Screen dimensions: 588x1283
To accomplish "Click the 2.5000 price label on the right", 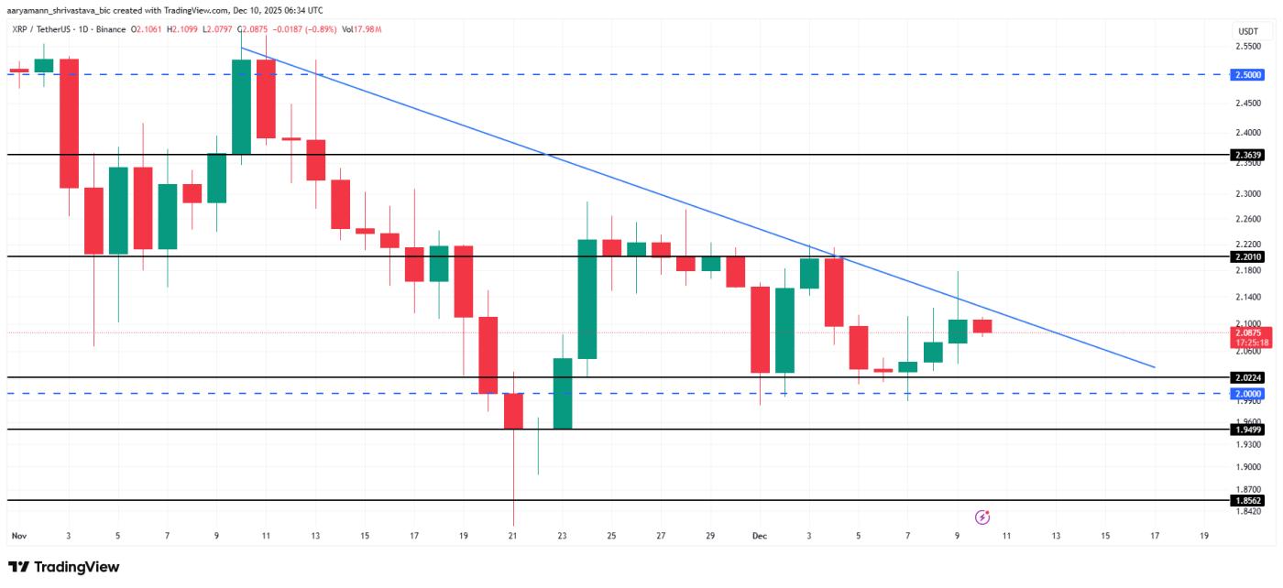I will pyautogui.click(x=1247, y=74).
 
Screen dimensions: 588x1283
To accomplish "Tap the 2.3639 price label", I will pyautogui.click(x=1247, y=155).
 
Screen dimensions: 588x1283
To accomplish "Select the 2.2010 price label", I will pyautogui.click(x=1247, y=257).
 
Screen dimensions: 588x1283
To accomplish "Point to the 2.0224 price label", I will pyautogui.click(x=1247, y=376).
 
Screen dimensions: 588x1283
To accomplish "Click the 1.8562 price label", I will pyautogui.click(x=1247, y=501).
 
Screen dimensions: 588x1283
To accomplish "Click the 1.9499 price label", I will pyautogui.click(x=1247, y=430).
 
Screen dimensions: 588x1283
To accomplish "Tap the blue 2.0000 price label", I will pyautogui.click(x=1247, y=394).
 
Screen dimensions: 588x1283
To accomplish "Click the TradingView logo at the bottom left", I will pyautogui.click(x=64, y=567).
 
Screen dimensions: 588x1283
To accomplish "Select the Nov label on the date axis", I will pyautogui.click(x=17, y=535).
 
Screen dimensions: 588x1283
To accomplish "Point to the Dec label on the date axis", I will pyautogui.click(x=759, y=535).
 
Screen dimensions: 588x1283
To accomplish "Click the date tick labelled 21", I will pyautogui.click(x=512, y=535).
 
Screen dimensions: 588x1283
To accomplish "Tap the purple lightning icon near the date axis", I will pyautogui.click(x=981, y=517).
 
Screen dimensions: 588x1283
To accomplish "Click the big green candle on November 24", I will pyautogui.click(x=587, y=299).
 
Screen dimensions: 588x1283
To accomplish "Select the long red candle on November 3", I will pyautogui.click(x=69, y=124).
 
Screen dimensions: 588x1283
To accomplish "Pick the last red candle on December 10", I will pyautogui.click(x=981, y=326).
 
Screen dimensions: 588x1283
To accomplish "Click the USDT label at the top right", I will pyautogui.click(x=1247, y=31).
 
